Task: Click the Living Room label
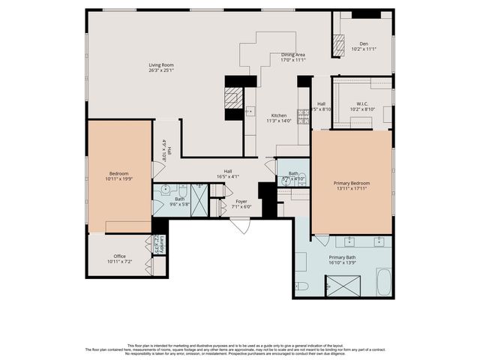click(x=161, y=65)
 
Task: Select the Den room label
click(x=363, y=43)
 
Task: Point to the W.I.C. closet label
click(x=362, y=104)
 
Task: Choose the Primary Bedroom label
click(x=351, y=183)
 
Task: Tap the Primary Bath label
click(x=342, y=257)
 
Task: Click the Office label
click(x=119, y=256)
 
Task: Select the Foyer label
click(x=241, y=202)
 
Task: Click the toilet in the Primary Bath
click(x=301, y=285)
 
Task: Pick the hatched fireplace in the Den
click(x=338, y=46)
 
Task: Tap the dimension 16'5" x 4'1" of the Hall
click(x=227, y=176)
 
